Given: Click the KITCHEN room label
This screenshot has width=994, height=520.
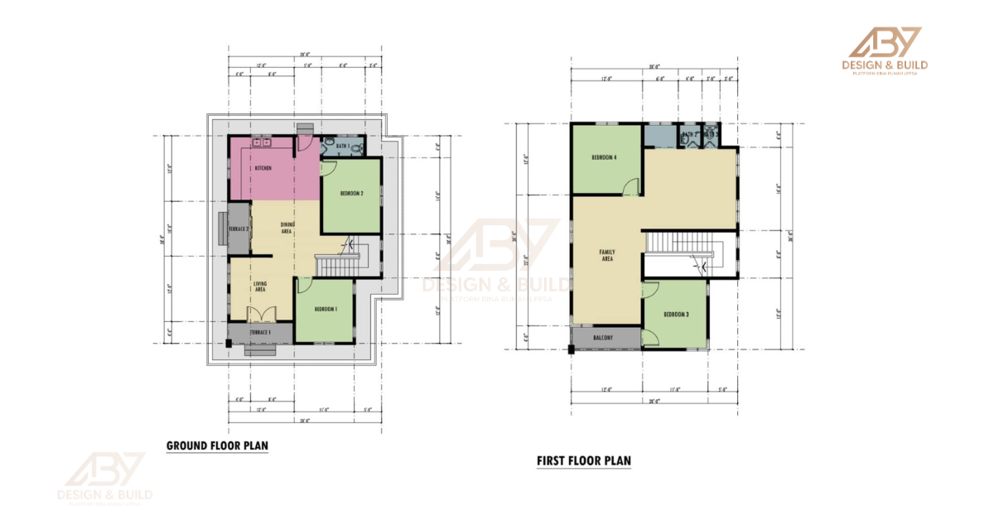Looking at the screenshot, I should [263, 168].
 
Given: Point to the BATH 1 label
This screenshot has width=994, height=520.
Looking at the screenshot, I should [342, 146].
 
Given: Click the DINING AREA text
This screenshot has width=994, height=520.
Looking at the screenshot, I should [287, 228].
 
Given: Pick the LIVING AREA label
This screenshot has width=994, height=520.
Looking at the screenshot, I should [259, 286].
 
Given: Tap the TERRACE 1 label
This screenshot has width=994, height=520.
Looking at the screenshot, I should [261, 331].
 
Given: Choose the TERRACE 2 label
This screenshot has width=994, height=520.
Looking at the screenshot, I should [239, 229].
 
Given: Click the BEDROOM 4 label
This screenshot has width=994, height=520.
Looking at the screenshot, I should [604, 156].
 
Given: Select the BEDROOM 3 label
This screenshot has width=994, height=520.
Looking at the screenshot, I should [677, 315].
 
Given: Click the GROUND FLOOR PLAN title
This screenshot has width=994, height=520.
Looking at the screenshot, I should [217, 445].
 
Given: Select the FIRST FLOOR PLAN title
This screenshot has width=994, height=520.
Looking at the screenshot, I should [583, 460].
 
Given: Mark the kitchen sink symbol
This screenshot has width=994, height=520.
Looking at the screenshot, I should [263, 143].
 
